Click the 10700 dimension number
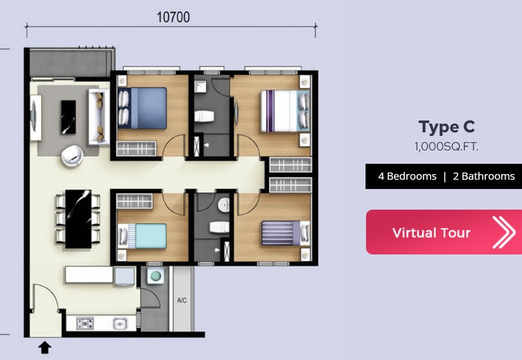point(173,18)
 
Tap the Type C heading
point(446,127)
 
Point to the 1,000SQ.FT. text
point(446,146)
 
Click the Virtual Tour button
point(444,232)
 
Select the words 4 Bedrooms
point(407,176)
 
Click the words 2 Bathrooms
point(484,176)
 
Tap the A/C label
point(182,301)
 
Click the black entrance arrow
point(44,348)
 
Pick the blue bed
point(142,108)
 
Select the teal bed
point(142,236)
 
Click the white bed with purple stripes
point(285,111)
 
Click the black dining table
point(78,219)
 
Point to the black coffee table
point(68,117)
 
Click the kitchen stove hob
point(85,323)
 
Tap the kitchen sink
point(120,323)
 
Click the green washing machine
point(155,275)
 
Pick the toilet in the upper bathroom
point(204,117)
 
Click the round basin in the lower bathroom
point(224,205)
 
